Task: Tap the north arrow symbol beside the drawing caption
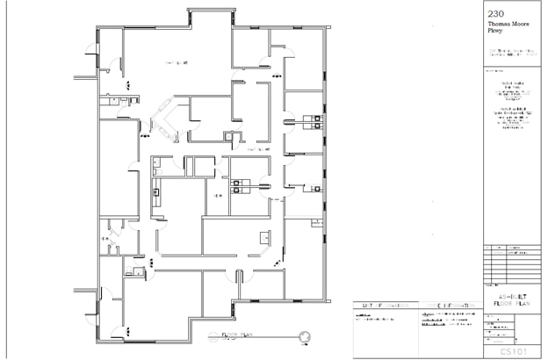pos(305,335)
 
